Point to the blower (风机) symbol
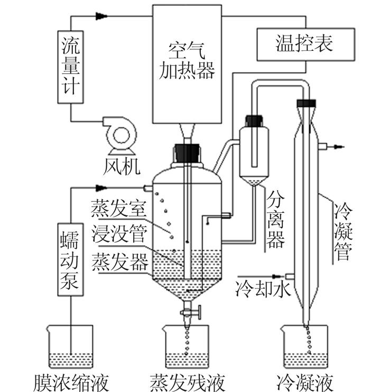(x=121, y=135)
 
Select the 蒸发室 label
(x=118, y=209)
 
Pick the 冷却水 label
(x=263, y=289)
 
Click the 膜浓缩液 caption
(x=71, y=383)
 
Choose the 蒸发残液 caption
(x=187, y=383)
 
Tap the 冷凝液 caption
(x=305, y=383)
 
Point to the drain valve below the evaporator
(x=191, y=312)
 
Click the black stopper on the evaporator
(x=187, y=153)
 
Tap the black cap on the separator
(x=254, y=121)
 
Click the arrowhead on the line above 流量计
(x=101, y=16)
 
